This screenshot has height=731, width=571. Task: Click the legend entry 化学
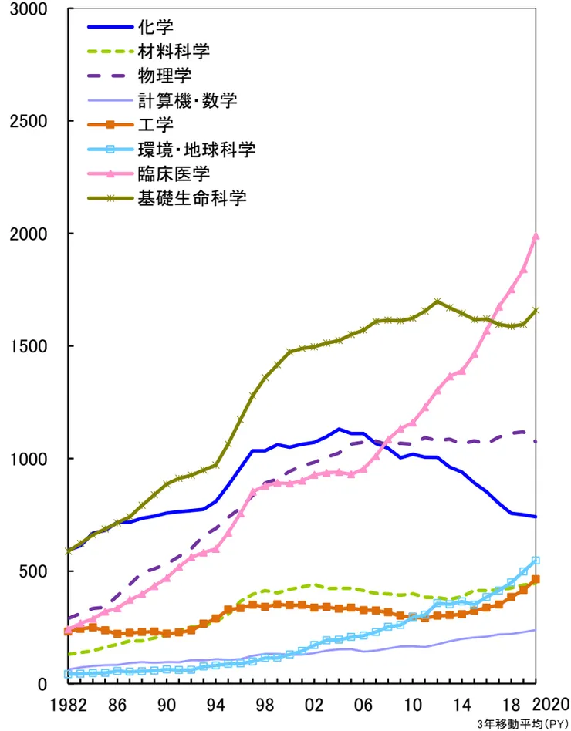click(x=150, y=27)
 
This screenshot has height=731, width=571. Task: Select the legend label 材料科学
click(x=173, y=52)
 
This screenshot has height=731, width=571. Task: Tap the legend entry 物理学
click(x=162, y=76)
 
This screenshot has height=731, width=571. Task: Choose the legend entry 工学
click(x=150, y=125)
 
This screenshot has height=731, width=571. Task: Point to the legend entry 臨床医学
click(x=173, y=173)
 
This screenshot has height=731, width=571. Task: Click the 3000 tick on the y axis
click(x=29, y=9)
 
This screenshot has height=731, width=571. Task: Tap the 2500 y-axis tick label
click(x=29, y=122)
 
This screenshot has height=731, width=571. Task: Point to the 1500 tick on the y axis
click(x=29, y=346)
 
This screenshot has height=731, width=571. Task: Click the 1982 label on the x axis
click(x=66, y=704)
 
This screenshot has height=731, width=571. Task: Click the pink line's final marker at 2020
click(x=536, y=236)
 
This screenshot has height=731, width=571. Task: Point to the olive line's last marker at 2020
click(x=536, y=310)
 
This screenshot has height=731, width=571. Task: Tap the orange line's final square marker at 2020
click(x=536, y=579)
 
